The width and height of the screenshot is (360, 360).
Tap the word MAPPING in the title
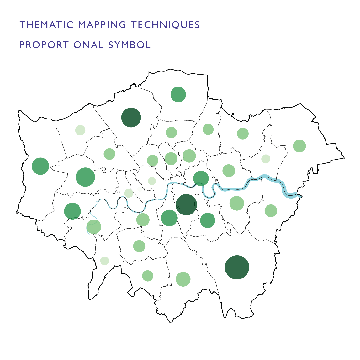pos(102,25)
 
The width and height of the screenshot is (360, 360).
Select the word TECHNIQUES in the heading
pos(165,25)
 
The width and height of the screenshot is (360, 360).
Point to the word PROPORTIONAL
pos(61,45)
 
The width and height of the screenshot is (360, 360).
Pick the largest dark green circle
pos(237,267)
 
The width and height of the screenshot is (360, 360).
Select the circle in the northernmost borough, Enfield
pos(178,94)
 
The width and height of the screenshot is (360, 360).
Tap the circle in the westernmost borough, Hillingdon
pos(40,166)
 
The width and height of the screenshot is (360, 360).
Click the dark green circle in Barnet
pos(131,118)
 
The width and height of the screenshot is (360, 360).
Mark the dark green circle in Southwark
pos(186,205)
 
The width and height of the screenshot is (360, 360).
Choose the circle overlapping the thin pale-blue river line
pos(94,226)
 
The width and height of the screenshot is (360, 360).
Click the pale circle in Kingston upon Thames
pos(104,261)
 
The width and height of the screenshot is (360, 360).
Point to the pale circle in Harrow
pos(80,130)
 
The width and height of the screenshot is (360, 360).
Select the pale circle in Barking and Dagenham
pos(266,159)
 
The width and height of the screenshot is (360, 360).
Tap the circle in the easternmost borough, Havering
pos(299,146)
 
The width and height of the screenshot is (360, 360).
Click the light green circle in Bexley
pos(271,211)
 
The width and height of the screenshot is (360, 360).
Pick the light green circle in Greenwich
pos(237,203)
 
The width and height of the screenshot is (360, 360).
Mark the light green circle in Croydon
pos(183,279)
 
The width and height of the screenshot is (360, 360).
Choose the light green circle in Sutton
pos(148,276)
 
